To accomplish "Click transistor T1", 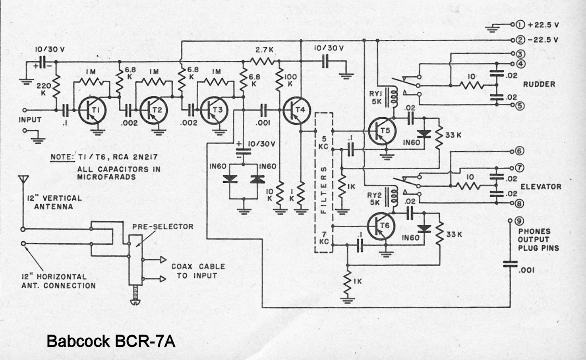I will (90, 110).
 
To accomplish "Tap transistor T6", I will (380, 226).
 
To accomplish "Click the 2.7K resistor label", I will (264, 50).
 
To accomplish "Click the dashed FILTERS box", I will (324, 182).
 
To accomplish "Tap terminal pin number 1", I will (520, 25).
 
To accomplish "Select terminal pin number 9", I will (520, 221).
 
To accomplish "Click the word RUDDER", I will (539, 84).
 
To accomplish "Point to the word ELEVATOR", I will (541, 186).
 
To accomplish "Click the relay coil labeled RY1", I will (394, 98).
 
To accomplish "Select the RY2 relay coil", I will (394, 197).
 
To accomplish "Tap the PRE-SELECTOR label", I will (163, 227).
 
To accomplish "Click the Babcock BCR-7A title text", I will (111, 341).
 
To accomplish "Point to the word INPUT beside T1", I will (30, 120).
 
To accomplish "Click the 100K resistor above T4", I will (280, 79).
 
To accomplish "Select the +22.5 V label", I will (543, 25).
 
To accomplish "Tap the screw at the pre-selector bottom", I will (135, 299).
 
